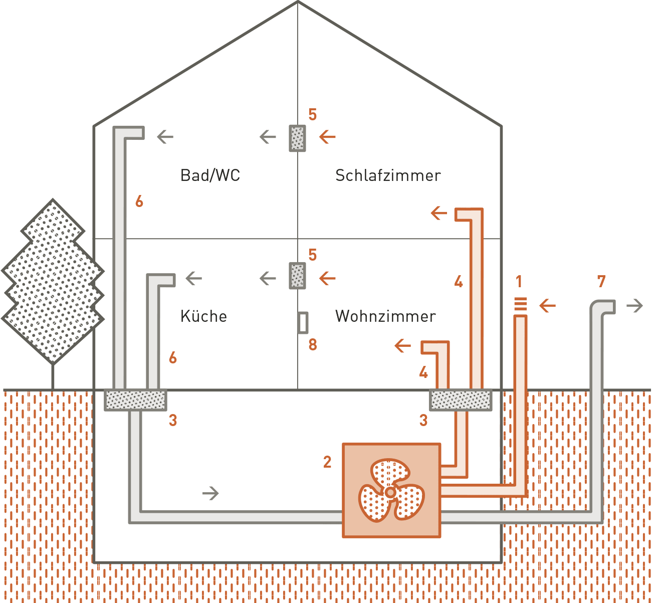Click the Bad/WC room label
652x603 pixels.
[x=210, y=175]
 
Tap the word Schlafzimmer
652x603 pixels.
[x=388, y=175]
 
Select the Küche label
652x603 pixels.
[x=203, y=316]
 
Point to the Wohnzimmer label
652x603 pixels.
[x=385, y=316]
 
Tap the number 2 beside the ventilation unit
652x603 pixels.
[x=327, y=462]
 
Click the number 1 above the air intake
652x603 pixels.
[x=519, y=282]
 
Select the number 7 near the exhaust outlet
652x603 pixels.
[x=602, y=282]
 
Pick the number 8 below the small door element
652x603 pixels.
[x=313, y=345]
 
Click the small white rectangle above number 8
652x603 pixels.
[x=303, y=323]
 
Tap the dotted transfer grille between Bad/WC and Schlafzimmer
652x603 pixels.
[x=297, y=138]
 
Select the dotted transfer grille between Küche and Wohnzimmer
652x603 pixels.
[x=297, y=275]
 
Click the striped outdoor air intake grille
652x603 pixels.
[x=521, y=304]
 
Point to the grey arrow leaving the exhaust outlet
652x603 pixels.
[x=635, y=306]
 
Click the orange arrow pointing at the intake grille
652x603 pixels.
[x=547, y=305]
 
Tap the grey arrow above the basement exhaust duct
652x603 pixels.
[x=210, y=493]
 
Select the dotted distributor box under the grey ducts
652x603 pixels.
[x=135, y=400]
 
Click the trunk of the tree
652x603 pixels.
[x=52, y=376]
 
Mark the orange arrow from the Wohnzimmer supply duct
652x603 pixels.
[x=402, y=345]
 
